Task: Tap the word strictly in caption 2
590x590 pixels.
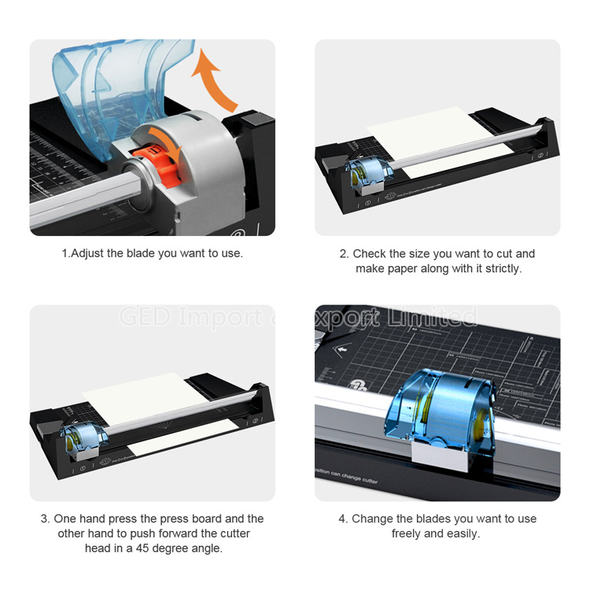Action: [500, 268]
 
